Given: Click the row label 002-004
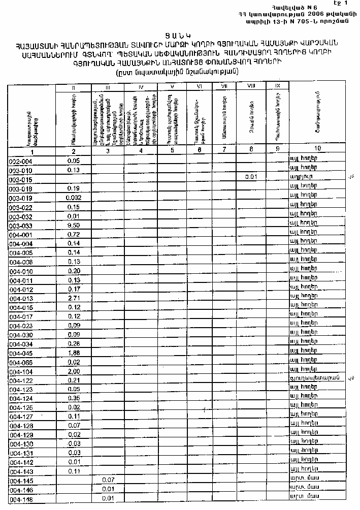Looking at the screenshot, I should pos(21,161).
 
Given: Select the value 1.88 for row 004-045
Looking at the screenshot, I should pos(74,353).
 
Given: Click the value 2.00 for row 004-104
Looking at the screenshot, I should pos(74,371).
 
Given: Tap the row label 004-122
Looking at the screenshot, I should pos(21,380).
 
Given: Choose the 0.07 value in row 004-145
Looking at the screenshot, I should pos(107,480).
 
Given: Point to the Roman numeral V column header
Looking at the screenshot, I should pos(173,87).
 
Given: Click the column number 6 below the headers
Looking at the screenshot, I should pos(200,150).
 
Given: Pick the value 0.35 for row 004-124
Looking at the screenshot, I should pos(74,398).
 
